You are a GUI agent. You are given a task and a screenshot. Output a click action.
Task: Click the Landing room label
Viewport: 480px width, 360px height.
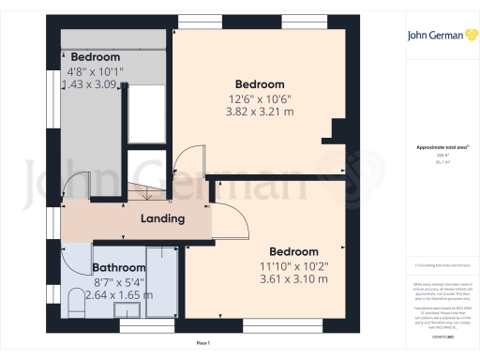pos(162,218)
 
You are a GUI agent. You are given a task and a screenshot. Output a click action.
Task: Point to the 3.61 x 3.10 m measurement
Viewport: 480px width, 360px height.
pos(294,280)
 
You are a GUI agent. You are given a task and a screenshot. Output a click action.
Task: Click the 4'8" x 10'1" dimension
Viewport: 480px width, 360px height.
pos(96,70)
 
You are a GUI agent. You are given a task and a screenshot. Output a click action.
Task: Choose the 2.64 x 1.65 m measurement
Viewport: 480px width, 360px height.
pos(106,294)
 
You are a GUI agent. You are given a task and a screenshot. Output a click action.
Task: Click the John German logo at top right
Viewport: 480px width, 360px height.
pos(438,37)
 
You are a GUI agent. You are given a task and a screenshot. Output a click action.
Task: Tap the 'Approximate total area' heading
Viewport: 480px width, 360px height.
pos(439,148)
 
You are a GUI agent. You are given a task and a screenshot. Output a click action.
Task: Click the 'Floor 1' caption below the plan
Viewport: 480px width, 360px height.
pos(203,345)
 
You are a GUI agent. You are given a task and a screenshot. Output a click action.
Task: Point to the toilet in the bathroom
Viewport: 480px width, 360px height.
pos(73,301)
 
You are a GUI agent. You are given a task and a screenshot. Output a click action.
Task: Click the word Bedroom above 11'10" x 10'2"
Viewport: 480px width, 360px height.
pos(293,252)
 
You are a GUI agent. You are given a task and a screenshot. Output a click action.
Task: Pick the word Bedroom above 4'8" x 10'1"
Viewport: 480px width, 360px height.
pos(96,57)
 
